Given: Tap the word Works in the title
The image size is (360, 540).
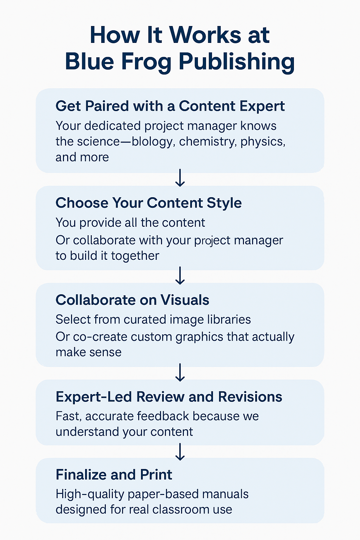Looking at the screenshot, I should click(x=206, y=35).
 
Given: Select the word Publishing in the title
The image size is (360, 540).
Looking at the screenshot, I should click(x=237, y=62).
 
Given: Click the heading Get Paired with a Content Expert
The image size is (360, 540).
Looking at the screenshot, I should click(x=170, y=106).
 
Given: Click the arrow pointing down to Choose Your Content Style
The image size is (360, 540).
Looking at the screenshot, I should click(x=180, y=178).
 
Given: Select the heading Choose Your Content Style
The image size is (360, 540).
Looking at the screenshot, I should click(x=149, y=203).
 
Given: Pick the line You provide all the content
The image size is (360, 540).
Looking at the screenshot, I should click(x=130, y=223).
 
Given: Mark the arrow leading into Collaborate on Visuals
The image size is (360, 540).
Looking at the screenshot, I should click(x=180, y=275).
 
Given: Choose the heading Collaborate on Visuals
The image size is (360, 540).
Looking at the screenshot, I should click(x=133, y=300).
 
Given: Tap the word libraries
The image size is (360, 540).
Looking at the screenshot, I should click(x=229, y=319).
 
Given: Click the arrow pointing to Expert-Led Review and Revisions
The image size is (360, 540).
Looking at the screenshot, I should click(x=180, y=373).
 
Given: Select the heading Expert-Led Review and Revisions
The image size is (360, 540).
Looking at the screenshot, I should click(x=169, y=397).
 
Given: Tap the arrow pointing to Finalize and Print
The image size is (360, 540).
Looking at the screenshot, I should click(x=180, y=452).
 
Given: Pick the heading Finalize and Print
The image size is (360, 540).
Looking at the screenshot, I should click(x=114, y=475).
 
